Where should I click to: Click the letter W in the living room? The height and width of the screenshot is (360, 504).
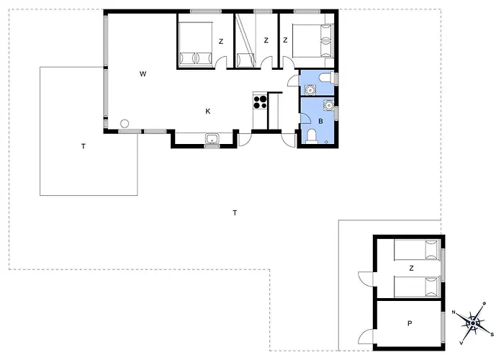[x=143, y=74]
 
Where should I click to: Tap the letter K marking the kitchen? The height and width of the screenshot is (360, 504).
[x=208, y=112]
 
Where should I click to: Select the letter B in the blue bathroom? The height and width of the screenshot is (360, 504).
[x=320, y=121]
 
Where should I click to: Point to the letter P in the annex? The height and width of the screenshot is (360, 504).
[x=410, y=323]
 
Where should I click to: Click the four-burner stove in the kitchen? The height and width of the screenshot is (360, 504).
[x=260, y=102]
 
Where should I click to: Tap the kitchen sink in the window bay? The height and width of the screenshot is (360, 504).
[x=212, y=139]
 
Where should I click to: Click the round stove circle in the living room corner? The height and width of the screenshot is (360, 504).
[x=125, y=123]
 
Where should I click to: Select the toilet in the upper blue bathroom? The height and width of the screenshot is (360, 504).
[x=326, y=78]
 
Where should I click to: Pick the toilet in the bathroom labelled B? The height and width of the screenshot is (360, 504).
[x=312, y=135]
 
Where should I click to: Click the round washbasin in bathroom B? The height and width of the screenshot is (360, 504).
[x=328, y=105]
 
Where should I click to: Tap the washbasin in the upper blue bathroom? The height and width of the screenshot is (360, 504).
[x=310, y=90]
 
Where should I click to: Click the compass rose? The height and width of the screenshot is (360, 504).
[x=473, y=323]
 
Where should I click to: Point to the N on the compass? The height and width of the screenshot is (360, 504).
[x=454, y=312]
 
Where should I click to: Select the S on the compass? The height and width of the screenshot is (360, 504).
[x=492, y=334]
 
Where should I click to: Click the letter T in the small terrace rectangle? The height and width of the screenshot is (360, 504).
[x=84, y=147]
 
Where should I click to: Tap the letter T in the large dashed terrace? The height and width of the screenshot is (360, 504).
[x=235, y=213]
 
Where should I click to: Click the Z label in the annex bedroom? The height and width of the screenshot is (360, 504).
[x=411, y=268]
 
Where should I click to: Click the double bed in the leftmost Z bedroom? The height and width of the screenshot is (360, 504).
[x=195, y=44]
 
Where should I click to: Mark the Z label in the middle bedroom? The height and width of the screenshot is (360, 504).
[x=266, y=40]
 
